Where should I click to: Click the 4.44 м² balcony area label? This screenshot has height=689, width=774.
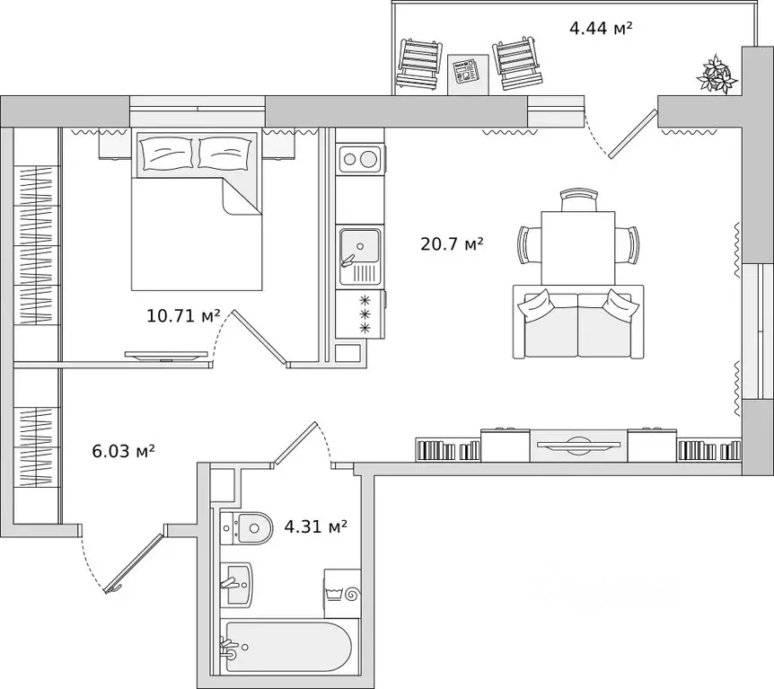pyautogui.click(x=601, y=28)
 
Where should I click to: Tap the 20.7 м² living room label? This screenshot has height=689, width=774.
pyautogui.click(x=451, y=243)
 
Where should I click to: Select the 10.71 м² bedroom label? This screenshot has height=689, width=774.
pyautogui.click(x=183, y=315)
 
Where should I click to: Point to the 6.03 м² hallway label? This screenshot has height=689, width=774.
pyautogui.click(x=124, y=450)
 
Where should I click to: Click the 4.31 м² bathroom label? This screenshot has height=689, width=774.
pyautogui.click(x=315, y=526)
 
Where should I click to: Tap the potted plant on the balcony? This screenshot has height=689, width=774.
pyautogui.click(x=717, y=74)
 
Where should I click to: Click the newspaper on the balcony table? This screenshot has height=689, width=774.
pyautogui.click(x=467, y=71)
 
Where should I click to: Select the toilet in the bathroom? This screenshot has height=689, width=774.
pyautogui.click(x=246, y=528)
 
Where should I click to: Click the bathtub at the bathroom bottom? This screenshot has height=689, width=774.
pyautogui.click(x=288, y=646)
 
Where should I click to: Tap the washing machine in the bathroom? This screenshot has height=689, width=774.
pyautogui.click(x=342, y=593)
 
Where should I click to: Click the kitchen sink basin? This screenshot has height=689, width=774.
pyautogui.click(x=359, y=246)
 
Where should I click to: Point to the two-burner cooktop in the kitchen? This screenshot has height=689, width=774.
pyautogui.click(x=360, y=159)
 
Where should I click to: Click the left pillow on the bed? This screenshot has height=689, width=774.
pyautogui.click(x=166, y=153)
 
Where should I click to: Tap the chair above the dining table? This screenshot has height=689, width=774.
pyautogui.click(x=579, y=200)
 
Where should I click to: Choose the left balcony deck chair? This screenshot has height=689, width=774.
pyautogui.click(x=418, y=64)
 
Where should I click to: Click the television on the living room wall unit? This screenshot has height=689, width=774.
pyautogui.click(x=578, y=444)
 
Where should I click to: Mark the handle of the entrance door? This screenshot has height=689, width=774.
pyautogui.click(x=115, y=588)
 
